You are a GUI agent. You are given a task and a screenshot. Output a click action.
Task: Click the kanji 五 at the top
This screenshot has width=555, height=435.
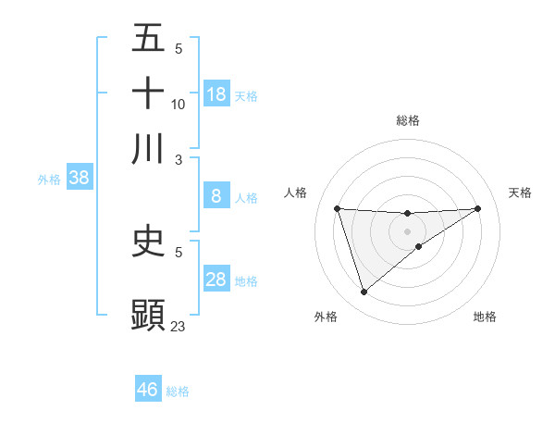148,38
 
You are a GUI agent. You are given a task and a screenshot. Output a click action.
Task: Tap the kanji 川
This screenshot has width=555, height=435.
148,148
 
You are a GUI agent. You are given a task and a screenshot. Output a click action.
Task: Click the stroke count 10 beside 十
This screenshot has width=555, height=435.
179,104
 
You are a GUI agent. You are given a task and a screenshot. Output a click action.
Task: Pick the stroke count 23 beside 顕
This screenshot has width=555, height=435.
179,326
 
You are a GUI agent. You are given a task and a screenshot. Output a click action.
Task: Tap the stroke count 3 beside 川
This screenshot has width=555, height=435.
179,159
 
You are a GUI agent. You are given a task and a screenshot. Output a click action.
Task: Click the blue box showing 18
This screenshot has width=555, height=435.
216,94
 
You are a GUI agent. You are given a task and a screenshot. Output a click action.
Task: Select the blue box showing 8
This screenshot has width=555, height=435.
216,196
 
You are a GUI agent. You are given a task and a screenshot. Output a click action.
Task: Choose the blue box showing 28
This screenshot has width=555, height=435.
216,280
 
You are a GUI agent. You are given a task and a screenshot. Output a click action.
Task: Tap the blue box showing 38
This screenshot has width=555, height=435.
79,178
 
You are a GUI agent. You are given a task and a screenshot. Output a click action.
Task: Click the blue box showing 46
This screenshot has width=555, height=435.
148,390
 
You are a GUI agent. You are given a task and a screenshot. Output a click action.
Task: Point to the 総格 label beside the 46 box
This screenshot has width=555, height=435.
178,391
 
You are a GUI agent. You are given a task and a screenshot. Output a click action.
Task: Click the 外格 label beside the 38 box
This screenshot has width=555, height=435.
49,180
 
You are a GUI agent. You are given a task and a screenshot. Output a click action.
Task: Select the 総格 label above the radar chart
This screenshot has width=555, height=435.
407,120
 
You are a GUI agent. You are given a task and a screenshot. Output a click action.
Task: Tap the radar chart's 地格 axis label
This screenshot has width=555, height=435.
485,317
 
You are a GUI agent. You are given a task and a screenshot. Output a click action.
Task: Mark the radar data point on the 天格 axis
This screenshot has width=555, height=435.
477,208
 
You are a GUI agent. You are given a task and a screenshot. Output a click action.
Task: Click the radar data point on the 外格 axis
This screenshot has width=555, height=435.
364,292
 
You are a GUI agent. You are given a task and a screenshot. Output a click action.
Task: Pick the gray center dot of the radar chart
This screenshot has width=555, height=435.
407,230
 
